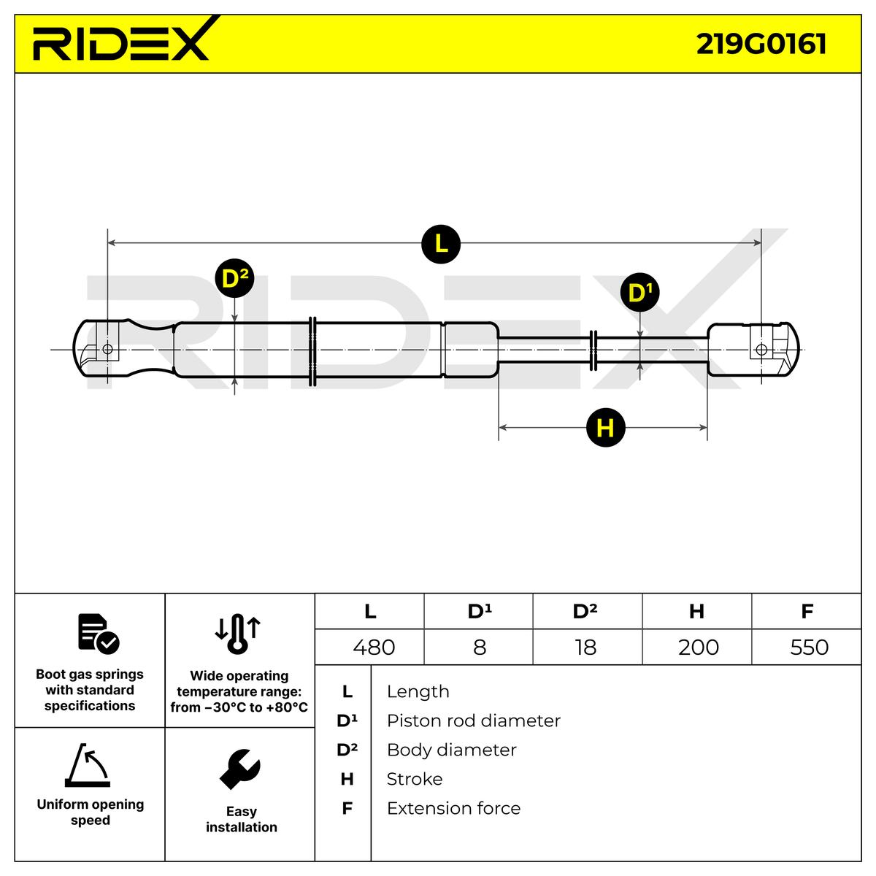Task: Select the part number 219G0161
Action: tap(761, 43)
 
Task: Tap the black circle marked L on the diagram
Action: tap(441, 244)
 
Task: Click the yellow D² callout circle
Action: tap(234, 278)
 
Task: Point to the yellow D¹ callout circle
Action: tap(639, 293)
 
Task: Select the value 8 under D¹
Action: tap(480, 647)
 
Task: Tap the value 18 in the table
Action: tap(585, 647)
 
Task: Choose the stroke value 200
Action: tap(698, 647)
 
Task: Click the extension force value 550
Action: tap(809, 647)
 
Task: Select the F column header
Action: tap(807, 611)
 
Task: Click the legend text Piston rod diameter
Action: tap(473, 721)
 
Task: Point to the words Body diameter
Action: tap(451, 750)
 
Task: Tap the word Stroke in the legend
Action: tap(414, 779)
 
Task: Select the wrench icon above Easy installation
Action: tap(239, 769)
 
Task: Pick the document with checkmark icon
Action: tap(98, 633)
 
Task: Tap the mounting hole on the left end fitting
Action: tap(108, 349)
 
